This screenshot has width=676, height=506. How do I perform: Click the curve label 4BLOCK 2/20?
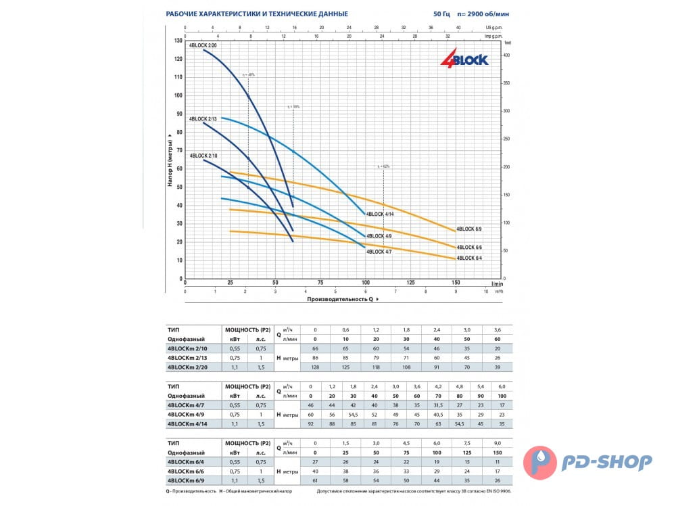(x=203, y=45)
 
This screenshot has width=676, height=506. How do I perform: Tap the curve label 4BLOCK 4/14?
(x=380, y=214)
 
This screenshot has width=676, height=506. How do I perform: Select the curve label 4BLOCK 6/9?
(x=470, y=229)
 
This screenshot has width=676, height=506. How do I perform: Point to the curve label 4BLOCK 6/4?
(x=470, y=258)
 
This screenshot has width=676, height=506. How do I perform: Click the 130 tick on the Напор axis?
(x=178, y=41)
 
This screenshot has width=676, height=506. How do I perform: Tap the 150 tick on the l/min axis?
(x=456, y=283)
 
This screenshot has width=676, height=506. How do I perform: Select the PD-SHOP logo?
(x=591, y=462)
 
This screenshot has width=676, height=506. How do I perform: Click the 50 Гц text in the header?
(x=440, y=14)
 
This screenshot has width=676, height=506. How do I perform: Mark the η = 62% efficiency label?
(x=383, y=166)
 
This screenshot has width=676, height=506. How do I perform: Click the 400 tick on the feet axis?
(x=508, y=55)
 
